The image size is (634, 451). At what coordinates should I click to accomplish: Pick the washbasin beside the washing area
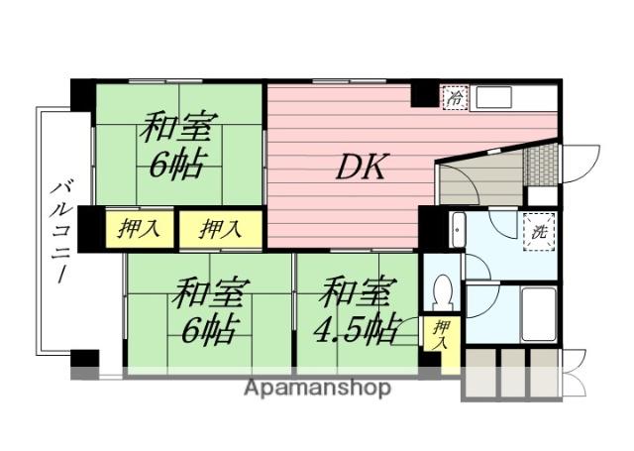point(458,230)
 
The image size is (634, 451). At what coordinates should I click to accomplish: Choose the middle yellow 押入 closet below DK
point(220,229)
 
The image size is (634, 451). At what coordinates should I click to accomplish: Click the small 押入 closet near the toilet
point(442,335)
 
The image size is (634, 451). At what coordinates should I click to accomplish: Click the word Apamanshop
point(317,388)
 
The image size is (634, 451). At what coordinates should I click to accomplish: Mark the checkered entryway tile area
point(539,162)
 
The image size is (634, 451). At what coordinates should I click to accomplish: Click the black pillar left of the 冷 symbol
point(424,94)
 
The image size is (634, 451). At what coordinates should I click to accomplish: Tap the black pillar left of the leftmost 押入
point(90,229)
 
